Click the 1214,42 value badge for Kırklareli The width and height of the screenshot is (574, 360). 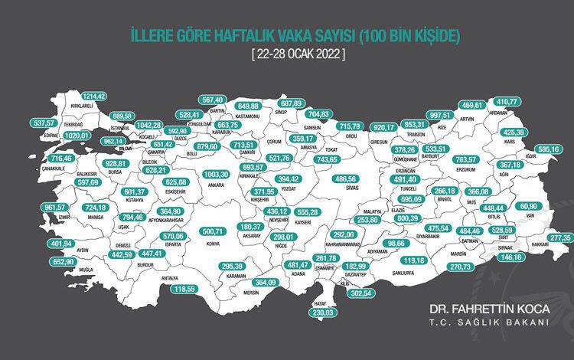(89, 96)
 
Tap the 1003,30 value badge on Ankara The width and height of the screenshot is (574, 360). (221, 174)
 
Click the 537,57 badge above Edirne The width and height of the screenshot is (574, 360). (41, 123)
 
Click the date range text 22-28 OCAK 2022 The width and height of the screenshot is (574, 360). (297, 54)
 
